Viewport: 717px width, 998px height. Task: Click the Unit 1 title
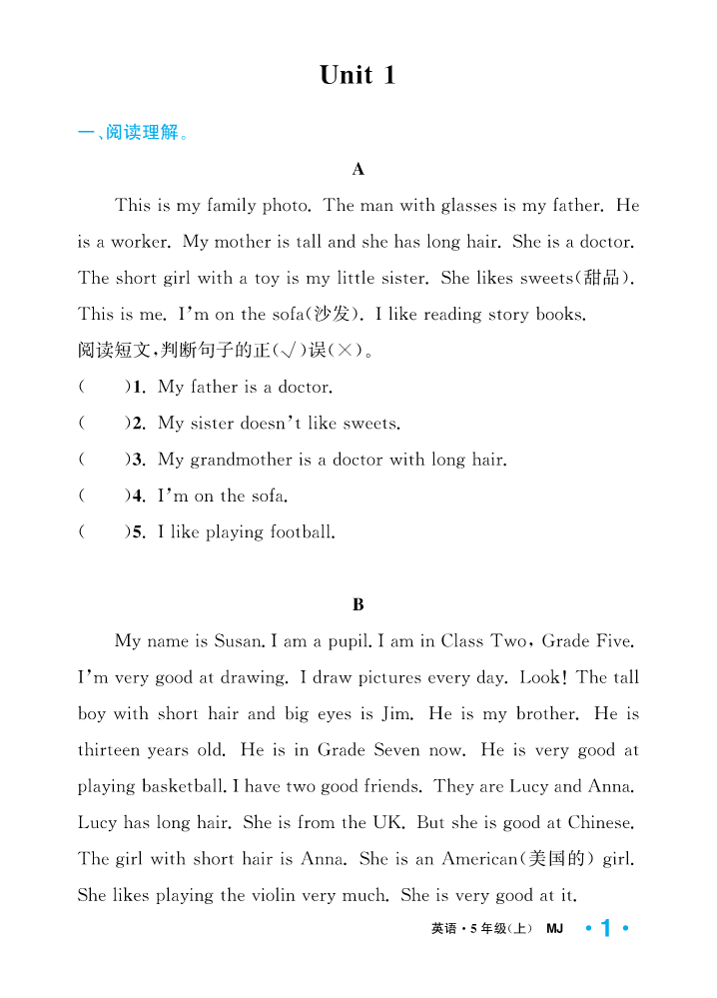[358, 75]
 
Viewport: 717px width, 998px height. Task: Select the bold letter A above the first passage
[358, 170]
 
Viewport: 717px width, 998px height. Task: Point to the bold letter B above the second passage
[358, 604]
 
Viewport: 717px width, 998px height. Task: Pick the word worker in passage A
[139, 242]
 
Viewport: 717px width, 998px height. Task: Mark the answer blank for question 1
[104, 387]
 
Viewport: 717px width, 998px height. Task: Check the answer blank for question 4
[104, 496]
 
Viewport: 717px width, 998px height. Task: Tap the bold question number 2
[140, 424]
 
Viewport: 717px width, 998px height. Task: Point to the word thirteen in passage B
[112, 750]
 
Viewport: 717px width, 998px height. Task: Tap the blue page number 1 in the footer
[605, 929]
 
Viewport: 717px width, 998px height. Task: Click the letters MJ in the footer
[554, 929]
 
